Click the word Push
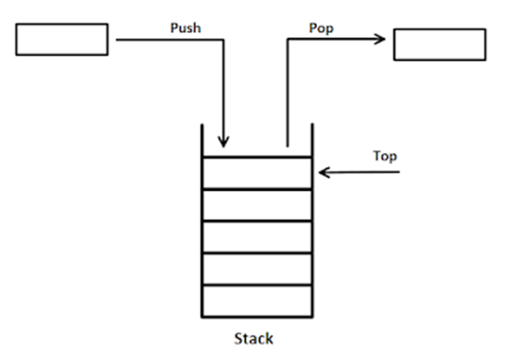186,27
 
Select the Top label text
385,156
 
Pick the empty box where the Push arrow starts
62,39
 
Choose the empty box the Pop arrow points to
439,44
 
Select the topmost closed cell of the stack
256,172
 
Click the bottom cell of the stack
256,301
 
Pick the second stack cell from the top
256,205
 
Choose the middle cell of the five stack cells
256,237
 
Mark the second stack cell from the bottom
256,268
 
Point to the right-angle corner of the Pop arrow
288,38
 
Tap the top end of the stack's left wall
202,126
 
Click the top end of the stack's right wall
311,126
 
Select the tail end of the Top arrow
400,172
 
